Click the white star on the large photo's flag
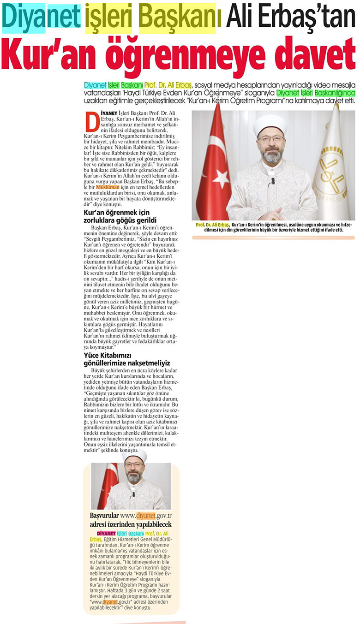click(221, 178)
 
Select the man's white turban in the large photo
click(270, 125)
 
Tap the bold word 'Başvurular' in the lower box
click(104, 516)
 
